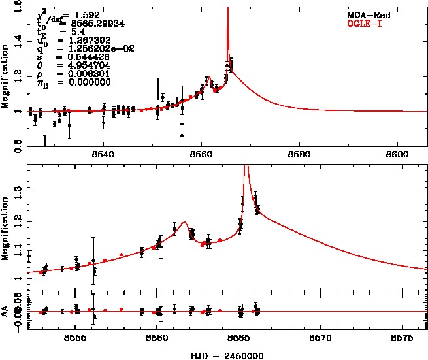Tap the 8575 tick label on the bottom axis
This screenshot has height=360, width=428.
tap(402, 340)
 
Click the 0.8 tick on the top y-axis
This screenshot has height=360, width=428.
tap(19, 142)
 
